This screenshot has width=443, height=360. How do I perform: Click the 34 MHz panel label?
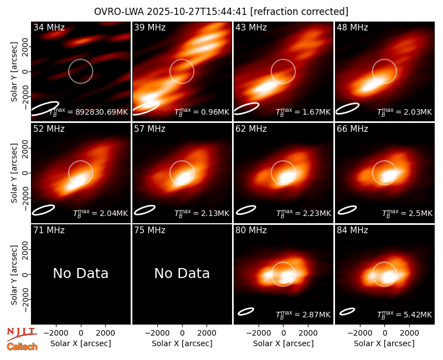(49, 27)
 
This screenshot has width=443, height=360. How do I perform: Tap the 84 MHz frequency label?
(352, 230)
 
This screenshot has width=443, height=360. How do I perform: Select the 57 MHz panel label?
(150, 129)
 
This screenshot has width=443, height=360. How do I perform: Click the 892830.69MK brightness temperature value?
(101, 112)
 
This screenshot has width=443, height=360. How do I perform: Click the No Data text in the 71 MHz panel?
(80, 273)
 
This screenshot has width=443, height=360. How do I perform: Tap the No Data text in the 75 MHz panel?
(182, 273)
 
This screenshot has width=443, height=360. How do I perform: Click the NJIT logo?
(22, 334)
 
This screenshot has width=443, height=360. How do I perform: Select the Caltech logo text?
(22, 347)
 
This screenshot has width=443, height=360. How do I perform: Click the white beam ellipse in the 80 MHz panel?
(246, 311)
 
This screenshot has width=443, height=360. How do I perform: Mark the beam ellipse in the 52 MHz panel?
(43, 210)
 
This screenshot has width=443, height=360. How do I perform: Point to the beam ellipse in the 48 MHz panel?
(348, 109)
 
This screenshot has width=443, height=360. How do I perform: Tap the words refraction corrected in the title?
(300, 12)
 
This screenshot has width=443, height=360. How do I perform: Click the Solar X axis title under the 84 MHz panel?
(384, 343)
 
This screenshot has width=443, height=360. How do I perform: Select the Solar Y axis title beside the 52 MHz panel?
(14, 173)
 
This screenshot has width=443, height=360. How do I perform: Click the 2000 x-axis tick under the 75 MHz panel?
(207, 333)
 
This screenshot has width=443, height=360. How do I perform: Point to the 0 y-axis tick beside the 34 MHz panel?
(26, 71)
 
